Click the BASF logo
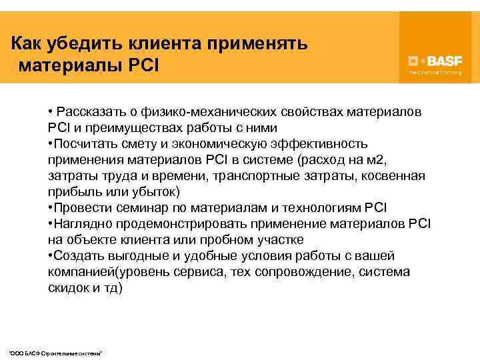pyautogui.click(x=434, y=59)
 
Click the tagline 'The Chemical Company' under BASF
pyautogui.click(x=435, y=71)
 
